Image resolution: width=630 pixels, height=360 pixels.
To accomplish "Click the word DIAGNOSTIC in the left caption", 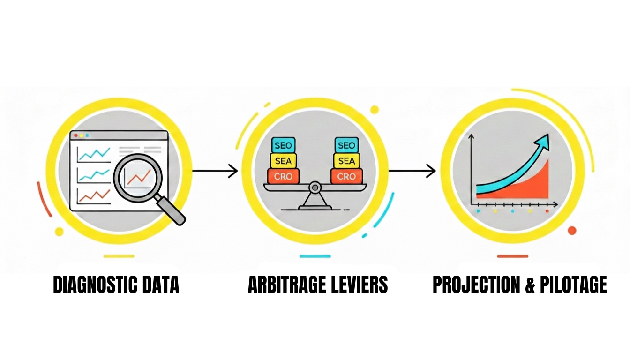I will [x=90, y=285].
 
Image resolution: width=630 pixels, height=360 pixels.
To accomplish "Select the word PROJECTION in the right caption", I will [x=474, y=285].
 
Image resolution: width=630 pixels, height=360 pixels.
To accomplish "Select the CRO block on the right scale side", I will [x=346, y=177].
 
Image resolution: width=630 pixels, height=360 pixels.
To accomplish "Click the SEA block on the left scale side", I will [x=283, y=161].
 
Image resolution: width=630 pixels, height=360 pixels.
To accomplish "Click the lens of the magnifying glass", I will [x=137, y=177].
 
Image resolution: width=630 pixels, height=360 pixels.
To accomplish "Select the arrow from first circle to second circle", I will [x=215, y=171].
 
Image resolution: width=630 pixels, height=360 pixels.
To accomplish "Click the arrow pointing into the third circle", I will [x=412, y=171].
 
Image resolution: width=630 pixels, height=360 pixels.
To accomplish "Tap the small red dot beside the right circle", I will [x=571, y=230].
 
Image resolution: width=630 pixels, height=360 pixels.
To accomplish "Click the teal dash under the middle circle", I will [x=315, y=256].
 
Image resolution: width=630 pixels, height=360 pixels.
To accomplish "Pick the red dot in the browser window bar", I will [x=76, y=135].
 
